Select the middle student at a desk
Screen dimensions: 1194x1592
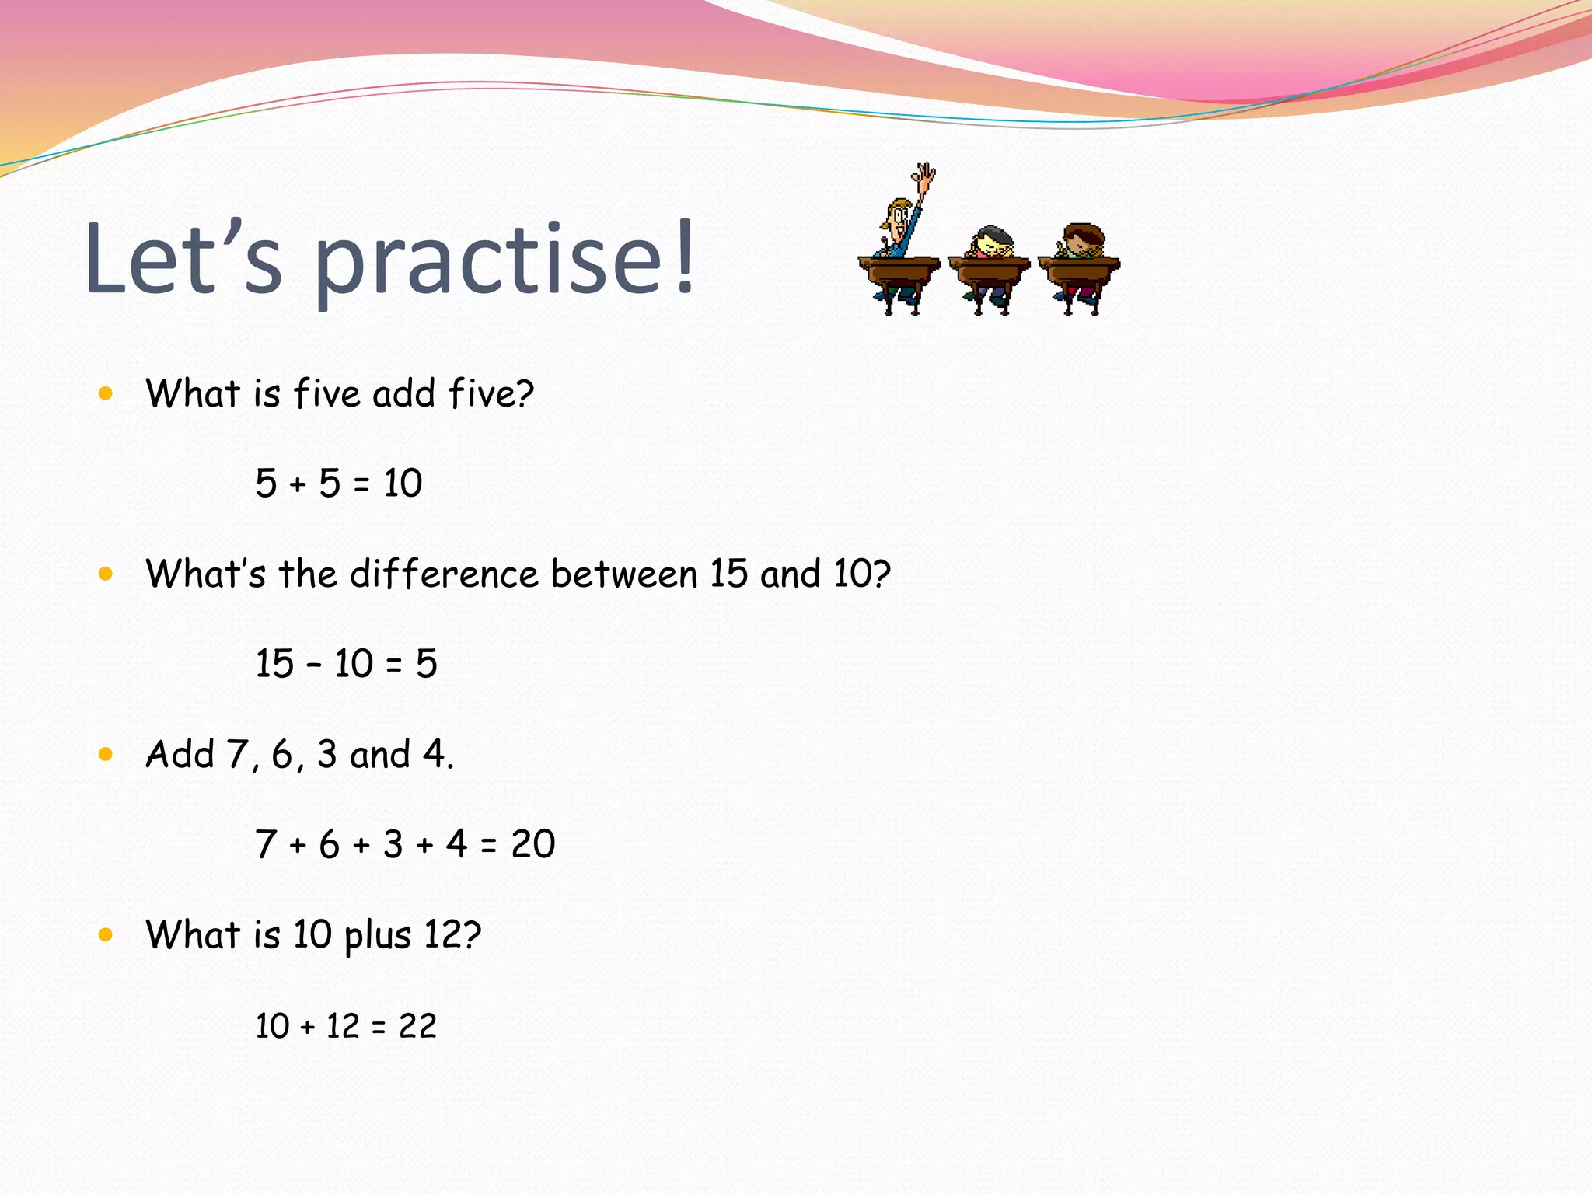[989, 268]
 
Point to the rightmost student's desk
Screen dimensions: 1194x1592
[1079, 272]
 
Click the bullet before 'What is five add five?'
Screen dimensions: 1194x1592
[106, 393]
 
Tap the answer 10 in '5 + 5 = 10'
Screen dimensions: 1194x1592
[403, 484]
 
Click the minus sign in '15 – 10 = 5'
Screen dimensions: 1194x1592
[314, 665]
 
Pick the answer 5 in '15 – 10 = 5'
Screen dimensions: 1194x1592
[426, 664]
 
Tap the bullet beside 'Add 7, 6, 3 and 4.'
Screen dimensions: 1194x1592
[106, 754]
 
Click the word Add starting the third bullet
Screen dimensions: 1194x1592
[180, 754]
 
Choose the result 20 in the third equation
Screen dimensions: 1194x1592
[533, 844]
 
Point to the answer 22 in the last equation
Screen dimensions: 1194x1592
[417, 1026]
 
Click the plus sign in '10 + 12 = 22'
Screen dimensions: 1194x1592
[308, 1028]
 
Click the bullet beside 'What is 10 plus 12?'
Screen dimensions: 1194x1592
[106, 934]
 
